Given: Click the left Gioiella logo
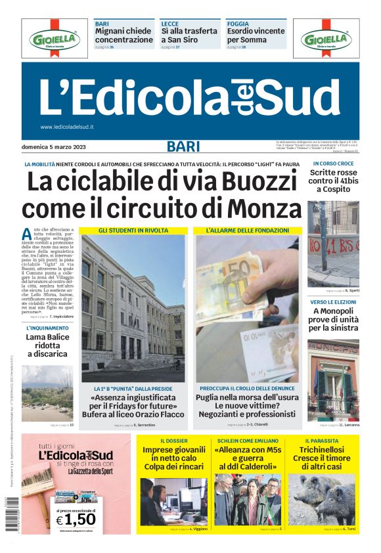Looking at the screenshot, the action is [x=54, y=39].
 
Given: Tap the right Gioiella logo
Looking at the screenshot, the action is [x=326, y=39].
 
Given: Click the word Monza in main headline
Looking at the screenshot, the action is [x=258, y=209].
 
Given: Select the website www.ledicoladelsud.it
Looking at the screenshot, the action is [x=67, y=127].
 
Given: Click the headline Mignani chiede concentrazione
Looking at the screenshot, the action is [x=124, y=35].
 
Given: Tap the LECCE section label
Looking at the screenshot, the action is [x=170, y=24].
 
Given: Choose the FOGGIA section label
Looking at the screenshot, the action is [x=238, y=24].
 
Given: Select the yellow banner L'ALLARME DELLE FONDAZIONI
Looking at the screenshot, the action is [x=248, y=231].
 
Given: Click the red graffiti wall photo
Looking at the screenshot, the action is [x=333, y=243].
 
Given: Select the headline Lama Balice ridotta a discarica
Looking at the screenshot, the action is [x=47, y=345].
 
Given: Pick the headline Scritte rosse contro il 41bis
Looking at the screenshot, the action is [x=332, y=181].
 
